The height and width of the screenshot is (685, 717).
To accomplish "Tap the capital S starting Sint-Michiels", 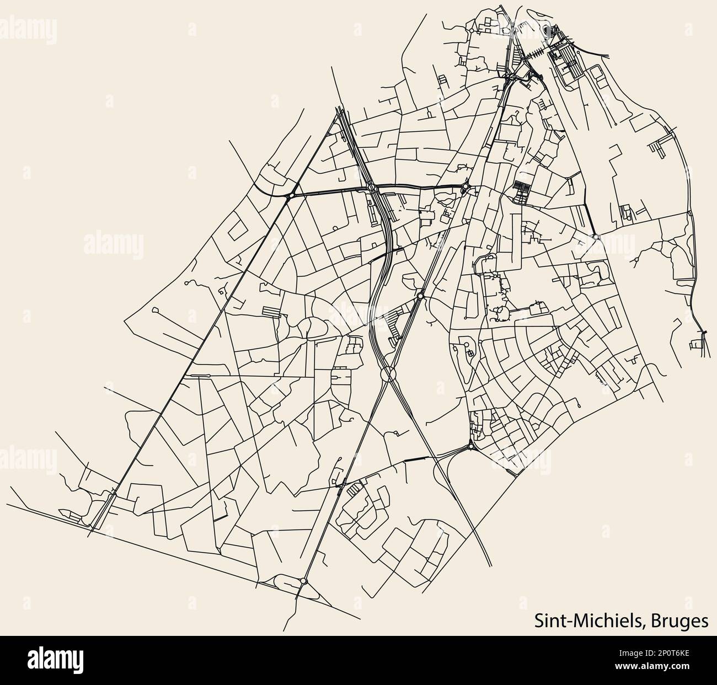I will coord(539,620).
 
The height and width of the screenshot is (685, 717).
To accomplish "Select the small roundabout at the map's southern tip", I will coord(304,581).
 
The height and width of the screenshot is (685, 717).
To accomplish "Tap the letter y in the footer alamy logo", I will coord(80,661).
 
